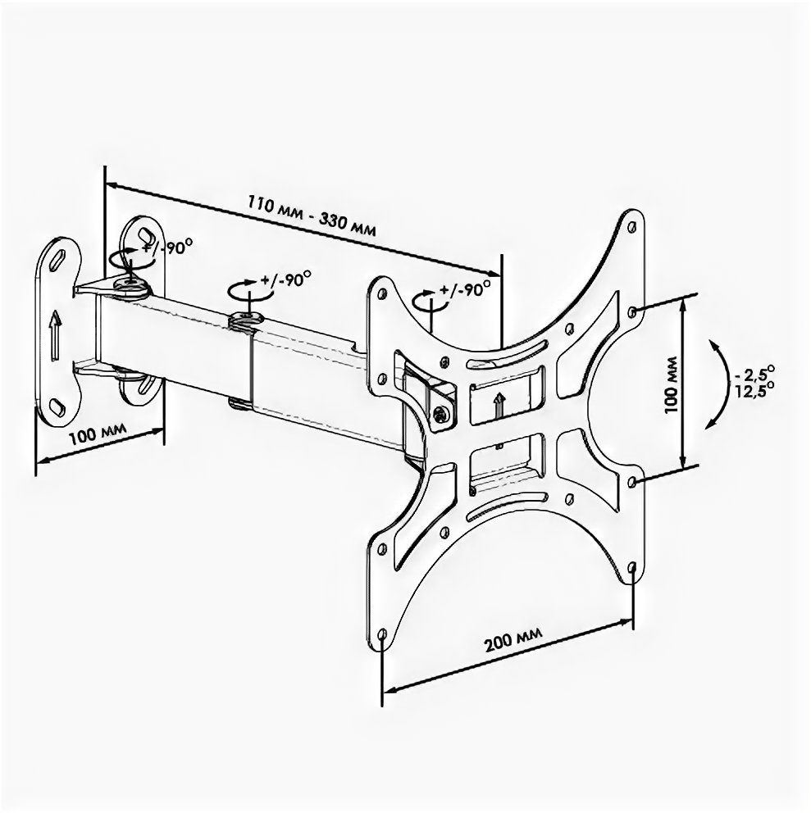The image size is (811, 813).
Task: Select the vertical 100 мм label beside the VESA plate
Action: pos(671,384)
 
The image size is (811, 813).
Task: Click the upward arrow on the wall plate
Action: pos(54,334)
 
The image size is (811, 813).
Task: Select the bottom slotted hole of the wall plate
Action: pos(57,406)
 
